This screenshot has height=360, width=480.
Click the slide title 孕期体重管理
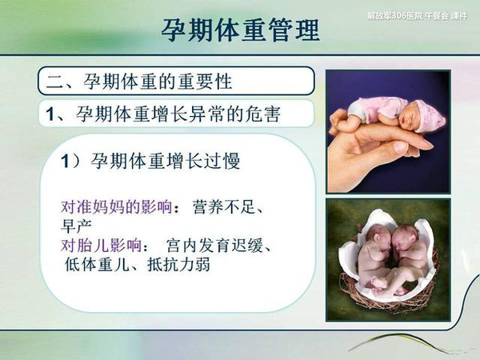tap(240, 30)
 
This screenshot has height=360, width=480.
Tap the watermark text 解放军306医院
tap(395, 16)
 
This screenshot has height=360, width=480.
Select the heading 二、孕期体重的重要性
tap(139, 82)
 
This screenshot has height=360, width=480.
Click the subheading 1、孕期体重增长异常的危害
tap(163, 114)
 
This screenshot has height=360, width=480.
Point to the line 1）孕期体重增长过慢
tap(150, 161)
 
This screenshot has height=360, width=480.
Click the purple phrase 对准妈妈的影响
tap(116, 207)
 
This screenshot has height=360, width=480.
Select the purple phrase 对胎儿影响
tap(101, 246)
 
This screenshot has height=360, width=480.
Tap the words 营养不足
tap(223, 207)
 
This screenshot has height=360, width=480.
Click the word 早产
tap(76, 226)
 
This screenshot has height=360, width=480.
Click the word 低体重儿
tap(97, 265)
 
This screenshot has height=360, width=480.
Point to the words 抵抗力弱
tap(178, 265)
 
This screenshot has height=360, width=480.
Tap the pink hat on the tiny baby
tap(428, 114)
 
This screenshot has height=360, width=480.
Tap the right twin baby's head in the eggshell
tap(405, 236)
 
